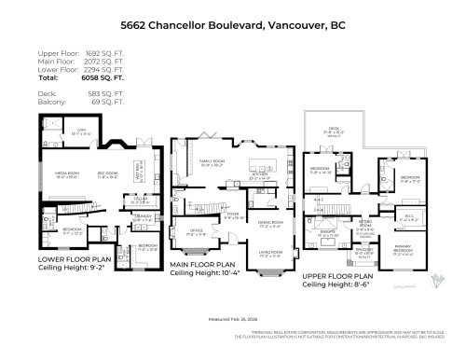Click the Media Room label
click(64, 174)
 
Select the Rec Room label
click(109, 174)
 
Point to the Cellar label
click(141, 200)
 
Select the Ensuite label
click(327, 235)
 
